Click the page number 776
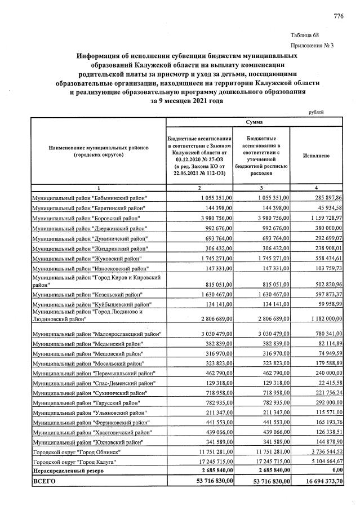[338, 16]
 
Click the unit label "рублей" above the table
[317, 112]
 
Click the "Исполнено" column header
[316, 155]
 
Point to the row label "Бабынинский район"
[90, 198]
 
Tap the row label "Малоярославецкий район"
[97, 335]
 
